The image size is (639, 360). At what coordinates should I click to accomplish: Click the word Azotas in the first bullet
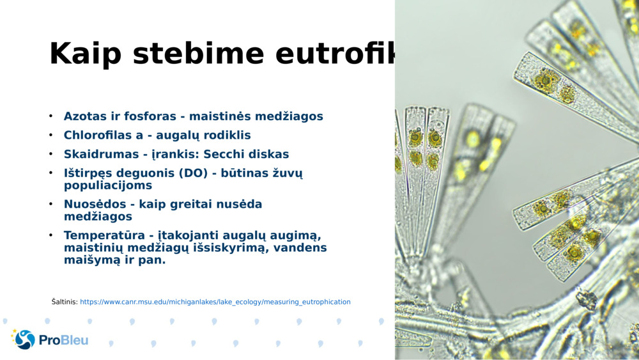(x=86, y=116)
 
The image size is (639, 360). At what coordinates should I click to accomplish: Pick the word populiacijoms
(x=108, y=185)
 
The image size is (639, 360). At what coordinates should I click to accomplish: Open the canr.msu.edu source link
(x=215, y=302)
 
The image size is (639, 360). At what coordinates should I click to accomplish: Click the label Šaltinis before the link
(x=65, y=302)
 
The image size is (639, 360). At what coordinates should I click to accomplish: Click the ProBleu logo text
(x=63, y=340)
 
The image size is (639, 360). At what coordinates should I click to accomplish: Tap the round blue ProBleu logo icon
(x=24, y=340)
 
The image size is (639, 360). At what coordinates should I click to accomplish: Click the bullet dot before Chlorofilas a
(x=50, y=136)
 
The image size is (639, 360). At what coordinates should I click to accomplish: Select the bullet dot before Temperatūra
(x=50, y=235)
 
